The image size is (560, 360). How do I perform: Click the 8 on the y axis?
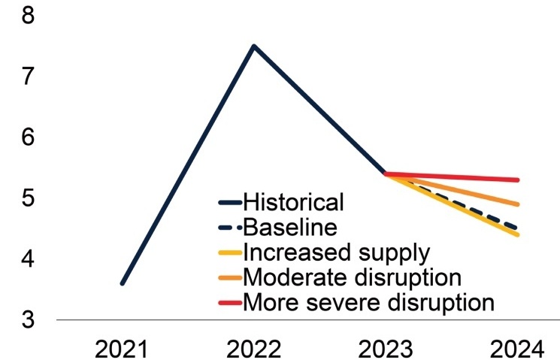click(28, 15)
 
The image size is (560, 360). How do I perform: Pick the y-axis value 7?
click(28, 76)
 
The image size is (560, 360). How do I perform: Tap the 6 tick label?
click(28, 138)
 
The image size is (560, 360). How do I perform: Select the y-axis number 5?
click(28, 198)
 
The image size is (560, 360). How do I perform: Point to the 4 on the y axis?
click(28, 259)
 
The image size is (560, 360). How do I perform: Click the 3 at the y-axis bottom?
click(28, 320)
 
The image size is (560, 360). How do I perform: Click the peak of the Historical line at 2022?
click(254, 46)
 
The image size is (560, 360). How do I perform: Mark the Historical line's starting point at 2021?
click(123, 283)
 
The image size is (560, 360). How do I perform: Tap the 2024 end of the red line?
click(517, 180)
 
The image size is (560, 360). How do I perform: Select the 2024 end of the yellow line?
click(517, 234)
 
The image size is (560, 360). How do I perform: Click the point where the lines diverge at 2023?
click(386, 174)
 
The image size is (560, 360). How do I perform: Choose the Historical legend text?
click(293, 201)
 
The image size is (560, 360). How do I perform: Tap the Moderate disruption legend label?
click(351, 277)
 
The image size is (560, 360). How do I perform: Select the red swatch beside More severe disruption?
click(230, 303)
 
